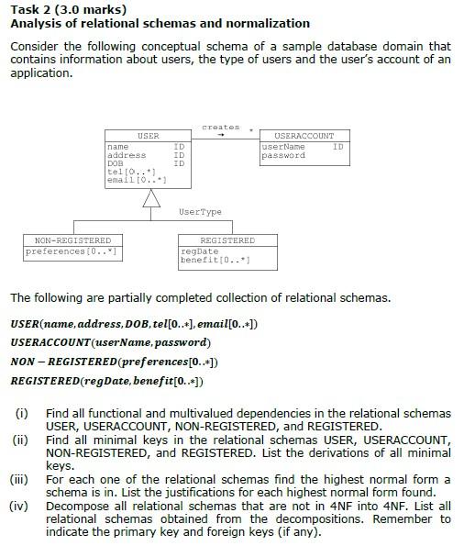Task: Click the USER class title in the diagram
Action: tap(148, 136)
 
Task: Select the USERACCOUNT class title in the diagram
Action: tap(304, 136)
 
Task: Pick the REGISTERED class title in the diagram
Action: tap(226, 240)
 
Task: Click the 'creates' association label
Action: tap(221, 127)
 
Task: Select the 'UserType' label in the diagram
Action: tap(200, 212)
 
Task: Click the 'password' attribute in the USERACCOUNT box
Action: tap(283, 155)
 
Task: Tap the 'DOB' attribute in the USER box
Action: tap(116, 163)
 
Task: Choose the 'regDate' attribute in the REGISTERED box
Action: tap(200, 251)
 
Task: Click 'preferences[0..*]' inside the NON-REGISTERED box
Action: tap(72, 251)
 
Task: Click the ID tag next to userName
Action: tap(337, 146)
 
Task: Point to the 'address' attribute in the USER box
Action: tap(127, 155)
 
